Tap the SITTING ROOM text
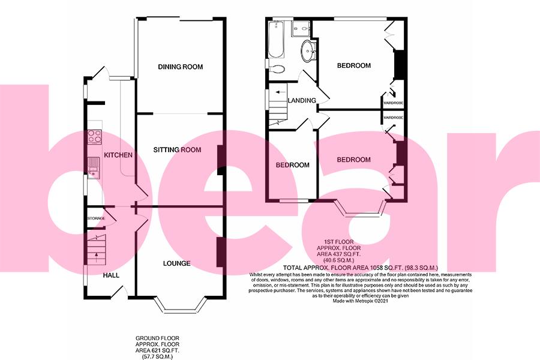click(177, 149)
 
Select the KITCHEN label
click(118, 155)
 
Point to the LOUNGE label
click(176, 263)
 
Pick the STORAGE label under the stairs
click(96, 218)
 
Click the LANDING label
click(302, 100)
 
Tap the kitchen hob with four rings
click(95, 136)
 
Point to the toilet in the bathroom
click(276, 68)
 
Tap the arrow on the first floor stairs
click(277, 92)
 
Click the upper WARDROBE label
click(393, 103)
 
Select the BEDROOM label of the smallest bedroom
click(292, 165)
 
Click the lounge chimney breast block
click(220, 252)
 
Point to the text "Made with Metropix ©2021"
click(361, 301)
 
